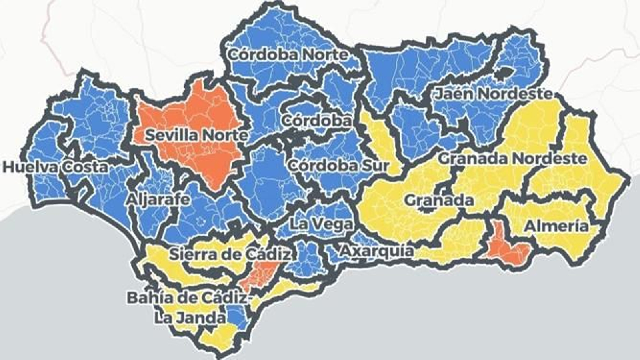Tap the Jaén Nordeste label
[494, 94]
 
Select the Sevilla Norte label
[196, 135]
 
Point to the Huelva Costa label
[55, 167]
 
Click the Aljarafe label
[158, 199]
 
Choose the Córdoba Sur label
[338, 165]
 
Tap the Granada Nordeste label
[513, 158]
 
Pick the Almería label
[556, 226]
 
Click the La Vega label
[321, 224]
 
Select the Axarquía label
[377, 251]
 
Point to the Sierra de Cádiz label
[230, 254]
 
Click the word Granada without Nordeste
[439, 200]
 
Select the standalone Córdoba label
[316, 120]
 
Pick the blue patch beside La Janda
[237, 316]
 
